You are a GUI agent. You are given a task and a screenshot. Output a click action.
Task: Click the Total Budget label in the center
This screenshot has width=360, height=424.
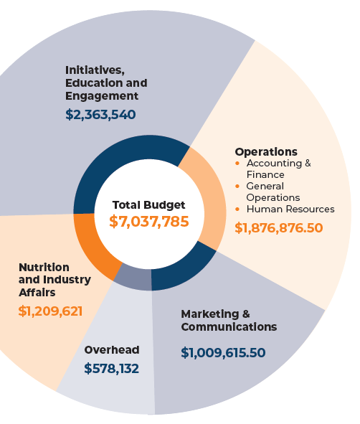click(149, 204)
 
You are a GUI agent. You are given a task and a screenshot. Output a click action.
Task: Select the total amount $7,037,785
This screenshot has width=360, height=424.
click(149, 221)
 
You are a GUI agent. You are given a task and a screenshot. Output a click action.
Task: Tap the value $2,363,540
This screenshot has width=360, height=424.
click(100, 114)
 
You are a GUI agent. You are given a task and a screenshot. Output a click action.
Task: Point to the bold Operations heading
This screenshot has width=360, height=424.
click(266, 152)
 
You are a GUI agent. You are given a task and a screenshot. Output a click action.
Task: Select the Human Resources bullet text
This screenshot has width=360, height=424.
click(290, 209)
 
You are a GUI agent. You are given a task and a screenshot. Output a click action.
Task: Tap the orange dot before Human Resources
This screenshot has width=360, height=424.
click(238, 209)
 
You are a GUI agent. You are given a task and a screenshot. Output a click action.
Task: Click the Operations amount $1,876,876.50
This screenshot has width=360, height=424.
click(279, 228)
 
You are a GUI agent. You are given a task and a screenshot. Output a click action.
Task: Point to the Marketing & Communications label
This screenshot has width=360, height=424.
click(228, 321)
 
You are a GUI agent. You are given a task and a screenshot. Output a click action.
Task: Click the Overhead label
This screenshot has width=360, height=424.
click(112, 350)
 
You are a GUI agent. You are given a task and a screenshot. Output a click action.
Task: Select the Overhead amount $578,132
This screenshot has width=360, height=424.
click(111, 369)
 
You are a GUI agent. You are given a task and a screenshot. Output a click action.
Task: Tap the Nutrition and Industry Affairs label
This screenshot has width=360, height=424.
click(55, 280)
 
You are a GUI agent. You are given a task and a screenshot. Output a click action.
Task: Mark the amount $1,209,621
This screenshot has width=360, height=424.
click(50, 311)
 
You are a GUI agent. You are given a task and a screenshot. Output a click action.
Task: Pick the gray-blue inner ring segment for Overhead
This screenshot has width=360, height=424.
click(133, 277)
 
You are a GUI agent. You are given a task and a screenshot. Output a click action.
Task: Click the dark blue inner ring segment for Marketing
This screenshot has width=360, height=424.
click(183, 270)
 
